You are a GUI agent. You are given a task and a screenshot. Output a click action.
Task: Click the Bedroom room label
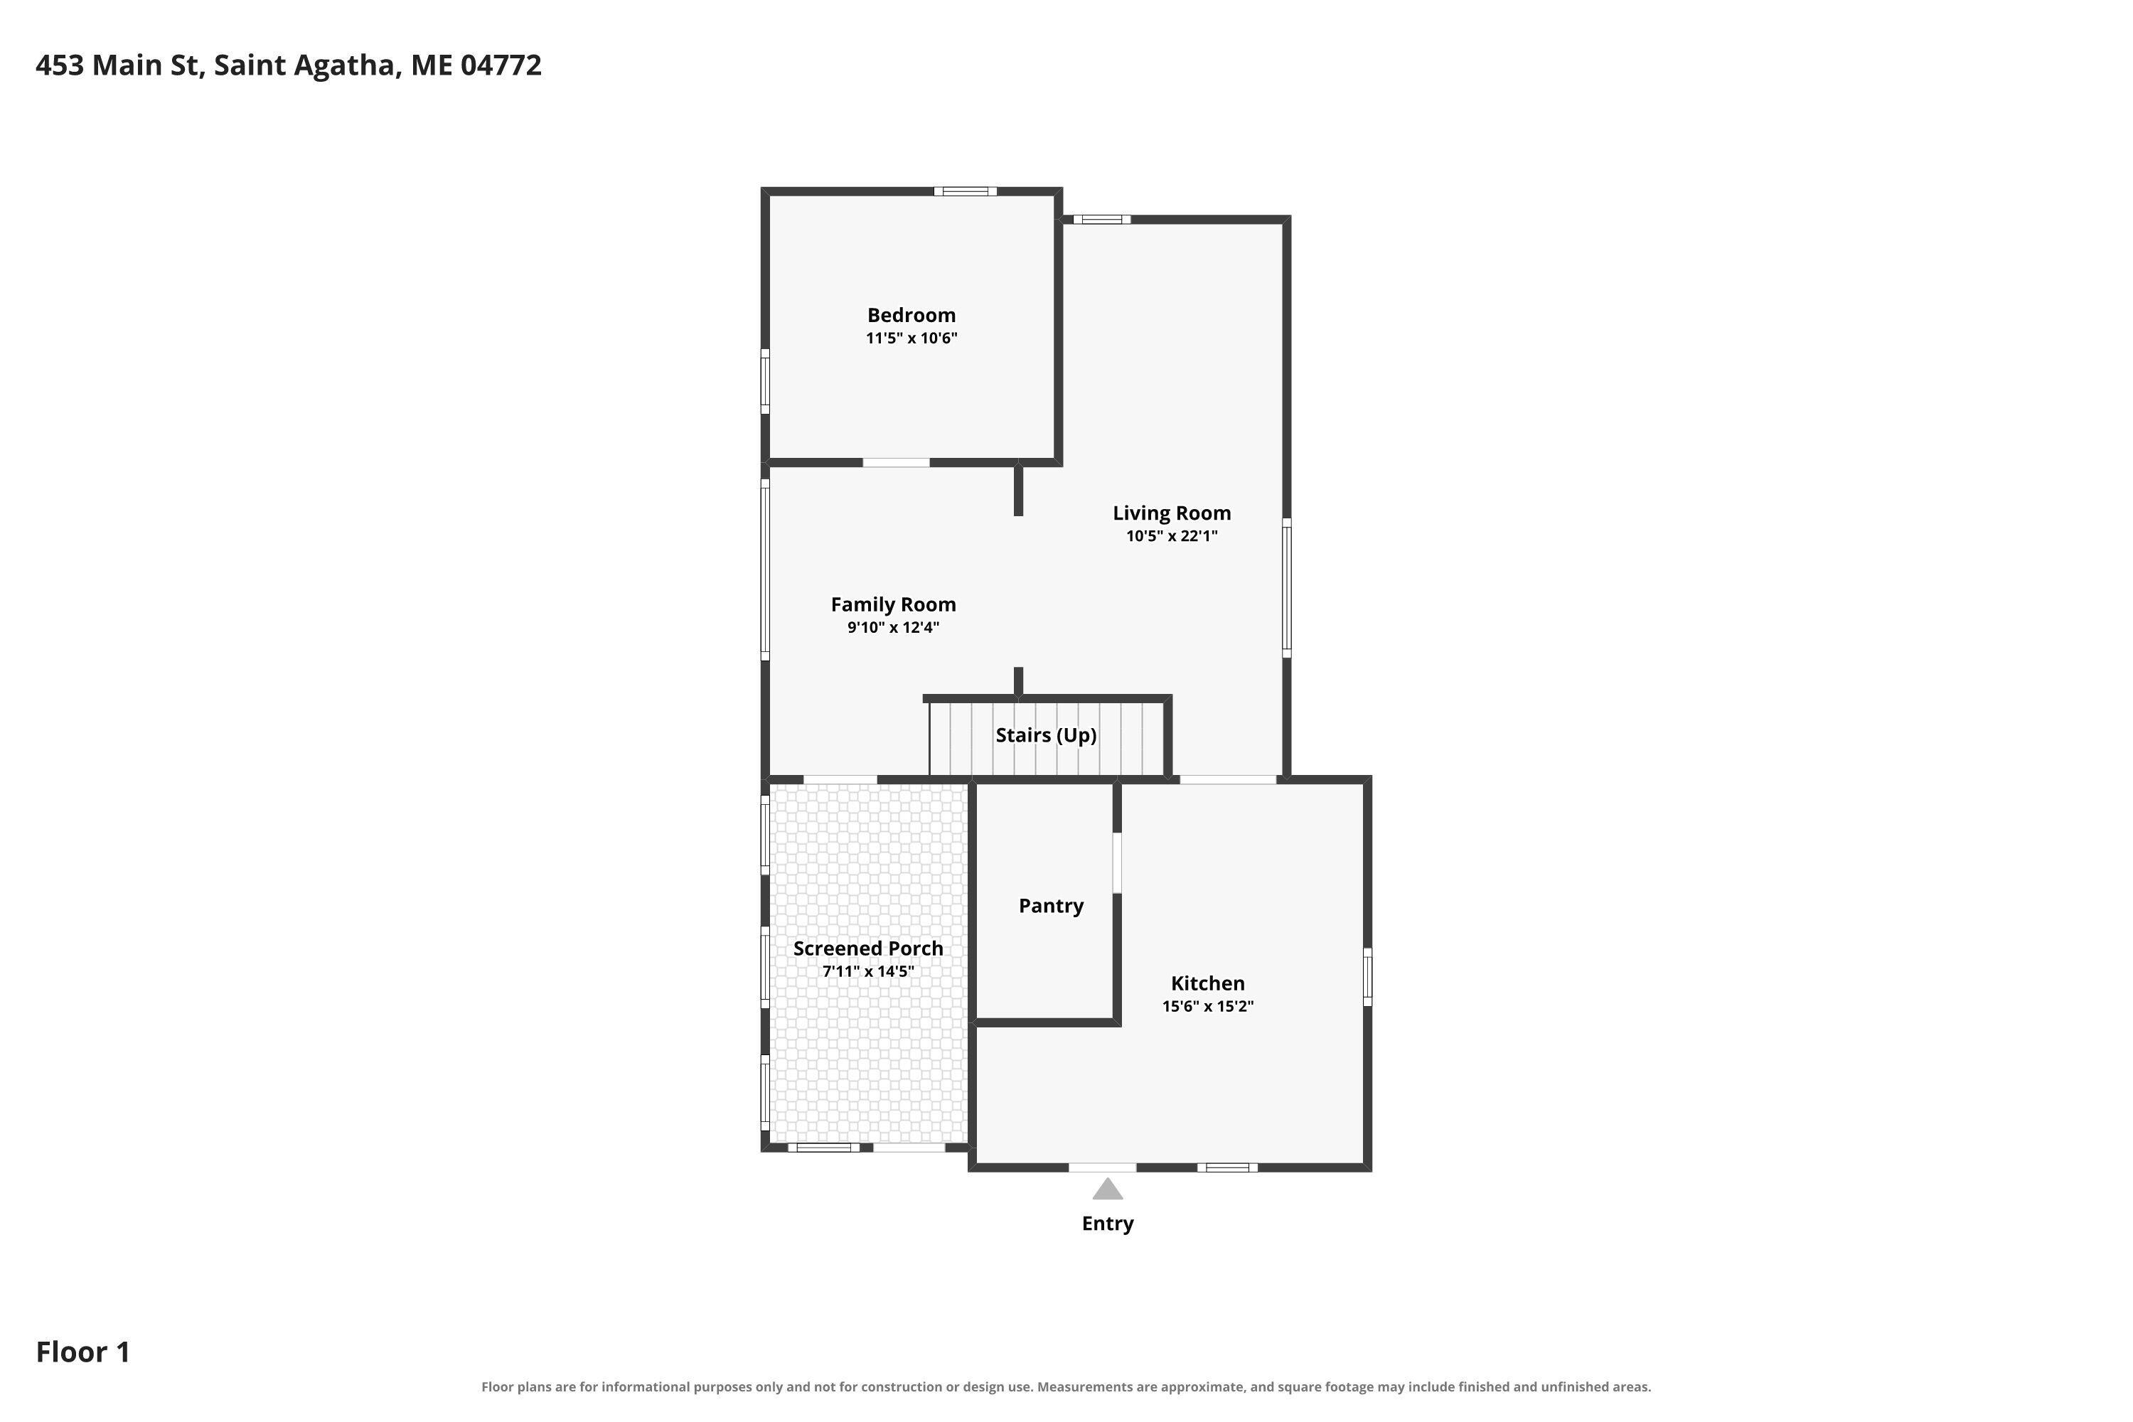[x=912, y=316]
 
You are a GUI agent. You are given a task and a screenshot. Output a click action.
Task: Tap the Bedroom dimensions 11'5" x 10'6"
[x=912, y=338]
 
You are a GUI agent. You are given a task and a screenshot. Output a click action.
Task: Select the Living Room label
[x=1172, y=513]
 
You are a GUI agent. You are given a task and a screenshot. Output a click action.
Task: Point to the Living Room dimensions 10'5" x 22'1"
[x=1172, y=536]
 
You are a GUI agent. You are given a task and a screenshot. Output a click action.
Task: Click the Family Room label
[x=893, y=605]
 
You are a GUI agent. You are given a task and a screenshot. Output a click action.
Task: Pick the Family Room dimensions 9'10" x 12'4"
[x=893, y=628]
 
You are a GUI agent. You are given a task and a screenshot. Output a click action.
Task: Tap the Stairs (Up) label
[x=1047, y=735]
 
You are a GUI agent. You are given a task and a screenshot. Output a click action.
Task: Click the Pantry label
[x=1051, y=906]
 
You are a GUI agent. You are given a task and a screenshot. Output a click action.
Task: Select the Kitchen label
[x=1208, y=983]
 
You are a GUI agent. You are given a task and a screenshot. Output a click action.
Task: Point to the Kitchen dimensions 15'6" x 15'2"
[x=1208, y=1006]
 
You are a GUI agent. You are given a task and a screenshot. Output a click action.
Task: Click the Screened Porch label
[x=869, y=948]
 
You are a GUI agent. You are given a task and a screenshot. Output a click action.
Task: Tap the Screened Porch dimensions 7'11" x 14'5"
[x=869, y=971]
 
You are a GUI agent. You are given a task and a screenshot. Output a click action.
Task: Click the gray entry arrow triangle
[x=1107, y=1189]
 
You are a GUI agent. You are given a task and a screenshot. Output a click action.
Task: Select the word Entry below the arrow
[x=1107, y=1224]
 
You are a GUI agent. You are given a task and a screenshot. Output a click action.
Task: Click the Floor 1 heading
[x=83, y=1352]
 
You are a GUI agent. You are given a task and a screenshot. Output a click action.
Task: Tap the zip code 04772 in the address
[x=501, y=65]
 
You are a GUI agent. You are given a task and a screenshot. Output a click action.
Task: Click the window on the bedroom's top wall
[x=966, y=191]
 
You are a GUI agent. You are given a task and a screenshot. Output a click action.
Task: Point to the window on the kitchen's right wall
[x=1367, y=977]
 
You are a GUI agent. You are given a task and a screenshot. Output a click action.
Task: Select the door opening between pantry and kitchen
[x=1117, y=862]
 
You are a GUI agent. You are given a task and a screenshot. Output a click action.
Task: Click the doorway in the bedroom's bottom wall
[x=896, y=463]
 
